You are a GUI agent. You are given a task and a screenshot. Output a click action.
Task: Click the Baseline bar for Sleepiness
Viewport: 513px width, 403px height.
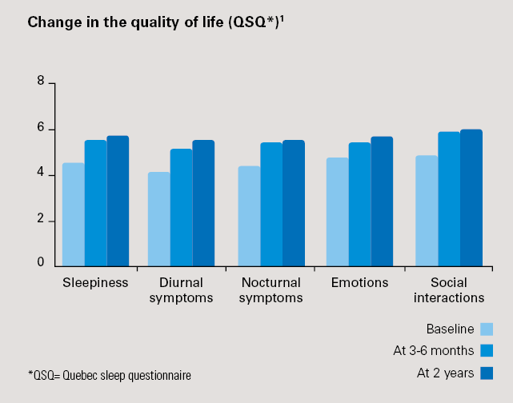pos(73,213)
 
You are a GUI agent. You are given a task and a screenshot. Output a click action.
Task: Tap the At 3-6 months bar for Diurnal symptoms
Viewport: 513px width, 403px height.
pos(181,206)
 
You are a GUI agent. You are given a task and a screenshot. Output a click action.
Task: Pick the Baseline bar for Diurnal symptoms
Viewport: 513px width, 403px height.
pos(158,218)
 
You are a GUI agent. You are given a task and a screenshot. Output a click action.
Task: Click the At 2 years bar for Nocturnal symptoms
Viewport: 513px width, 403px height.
pos(294,202)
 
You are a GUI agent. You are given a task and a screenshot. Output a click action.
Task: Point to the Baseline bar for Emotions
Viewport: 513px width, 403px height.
pos(337,211)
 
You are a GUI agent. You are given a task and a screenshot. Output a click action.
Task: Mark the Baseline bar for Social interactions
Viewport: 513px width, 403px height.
pos(426,209)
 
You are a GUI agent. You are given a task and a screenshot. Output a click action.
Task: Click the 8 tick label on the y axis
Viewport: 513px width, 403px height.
pos(39,82)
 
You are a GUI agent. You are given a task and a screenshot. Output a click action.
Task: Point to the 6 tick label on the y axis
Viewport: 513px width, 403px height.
pos(39,129)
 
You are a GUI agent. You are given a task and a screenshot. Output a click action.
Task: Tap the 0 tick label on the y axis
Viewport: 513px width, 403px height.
pos(39,261)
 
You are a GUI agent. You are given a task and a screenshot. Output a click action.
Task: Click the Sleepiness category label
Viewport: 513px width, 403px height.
pos(95,283)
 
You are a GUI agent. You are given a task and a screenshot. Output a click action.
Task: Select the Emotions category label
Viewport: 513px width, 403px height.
pos(359,283)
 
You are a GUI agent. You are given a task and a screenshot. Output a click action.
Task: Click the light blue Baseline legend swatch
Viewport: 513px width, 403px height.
pos(486,329)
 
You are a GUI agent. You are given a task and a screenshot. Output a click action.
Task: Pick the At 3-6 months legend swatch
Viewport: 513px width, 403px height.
pos(486,350)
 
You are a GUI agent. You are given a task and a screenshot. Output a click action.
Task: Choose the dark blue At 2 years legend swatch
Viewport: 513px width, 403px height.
pos(486,373)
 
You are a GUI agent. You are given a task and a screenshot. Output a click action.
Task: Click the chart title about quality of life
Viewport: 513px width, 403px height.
pos(156,22)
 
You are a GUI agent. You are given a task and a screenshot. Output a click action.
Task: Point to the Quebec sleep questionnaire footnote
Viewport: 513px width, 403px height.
pos(110,374)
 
